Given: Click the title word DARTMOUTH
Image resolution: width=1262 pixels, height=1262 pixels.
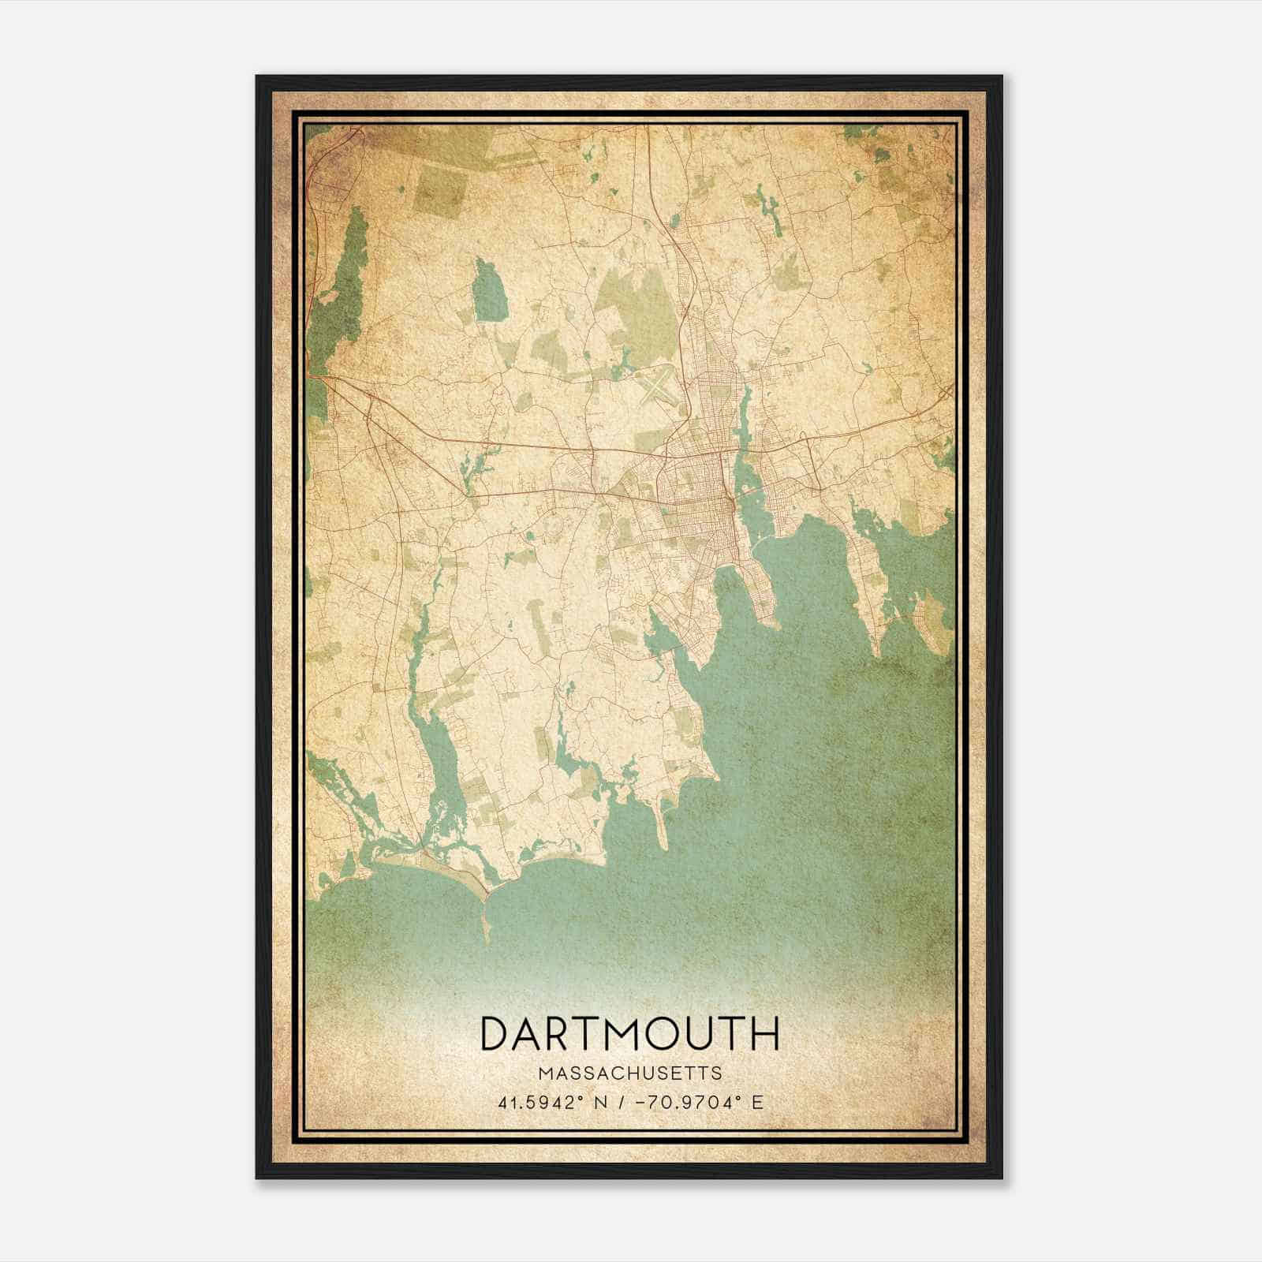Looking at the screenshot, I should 629,1033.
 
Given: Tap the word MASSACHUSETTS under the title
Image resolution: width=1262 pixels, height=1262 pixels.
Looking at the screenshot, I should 629,1073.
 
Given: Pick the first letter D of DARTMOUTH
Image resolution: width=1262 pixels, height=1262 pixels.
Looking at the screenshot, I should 497,1033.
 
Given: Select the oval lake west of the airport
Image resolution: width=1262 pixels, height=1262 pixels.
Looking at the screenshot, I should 489,292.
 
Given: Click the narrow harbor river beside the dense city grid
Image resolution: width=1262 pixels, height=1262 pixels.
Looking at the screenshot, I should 743,473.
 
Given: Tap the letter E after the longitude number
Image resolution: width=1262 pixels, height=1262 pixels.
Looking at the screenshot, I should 757,1102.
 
